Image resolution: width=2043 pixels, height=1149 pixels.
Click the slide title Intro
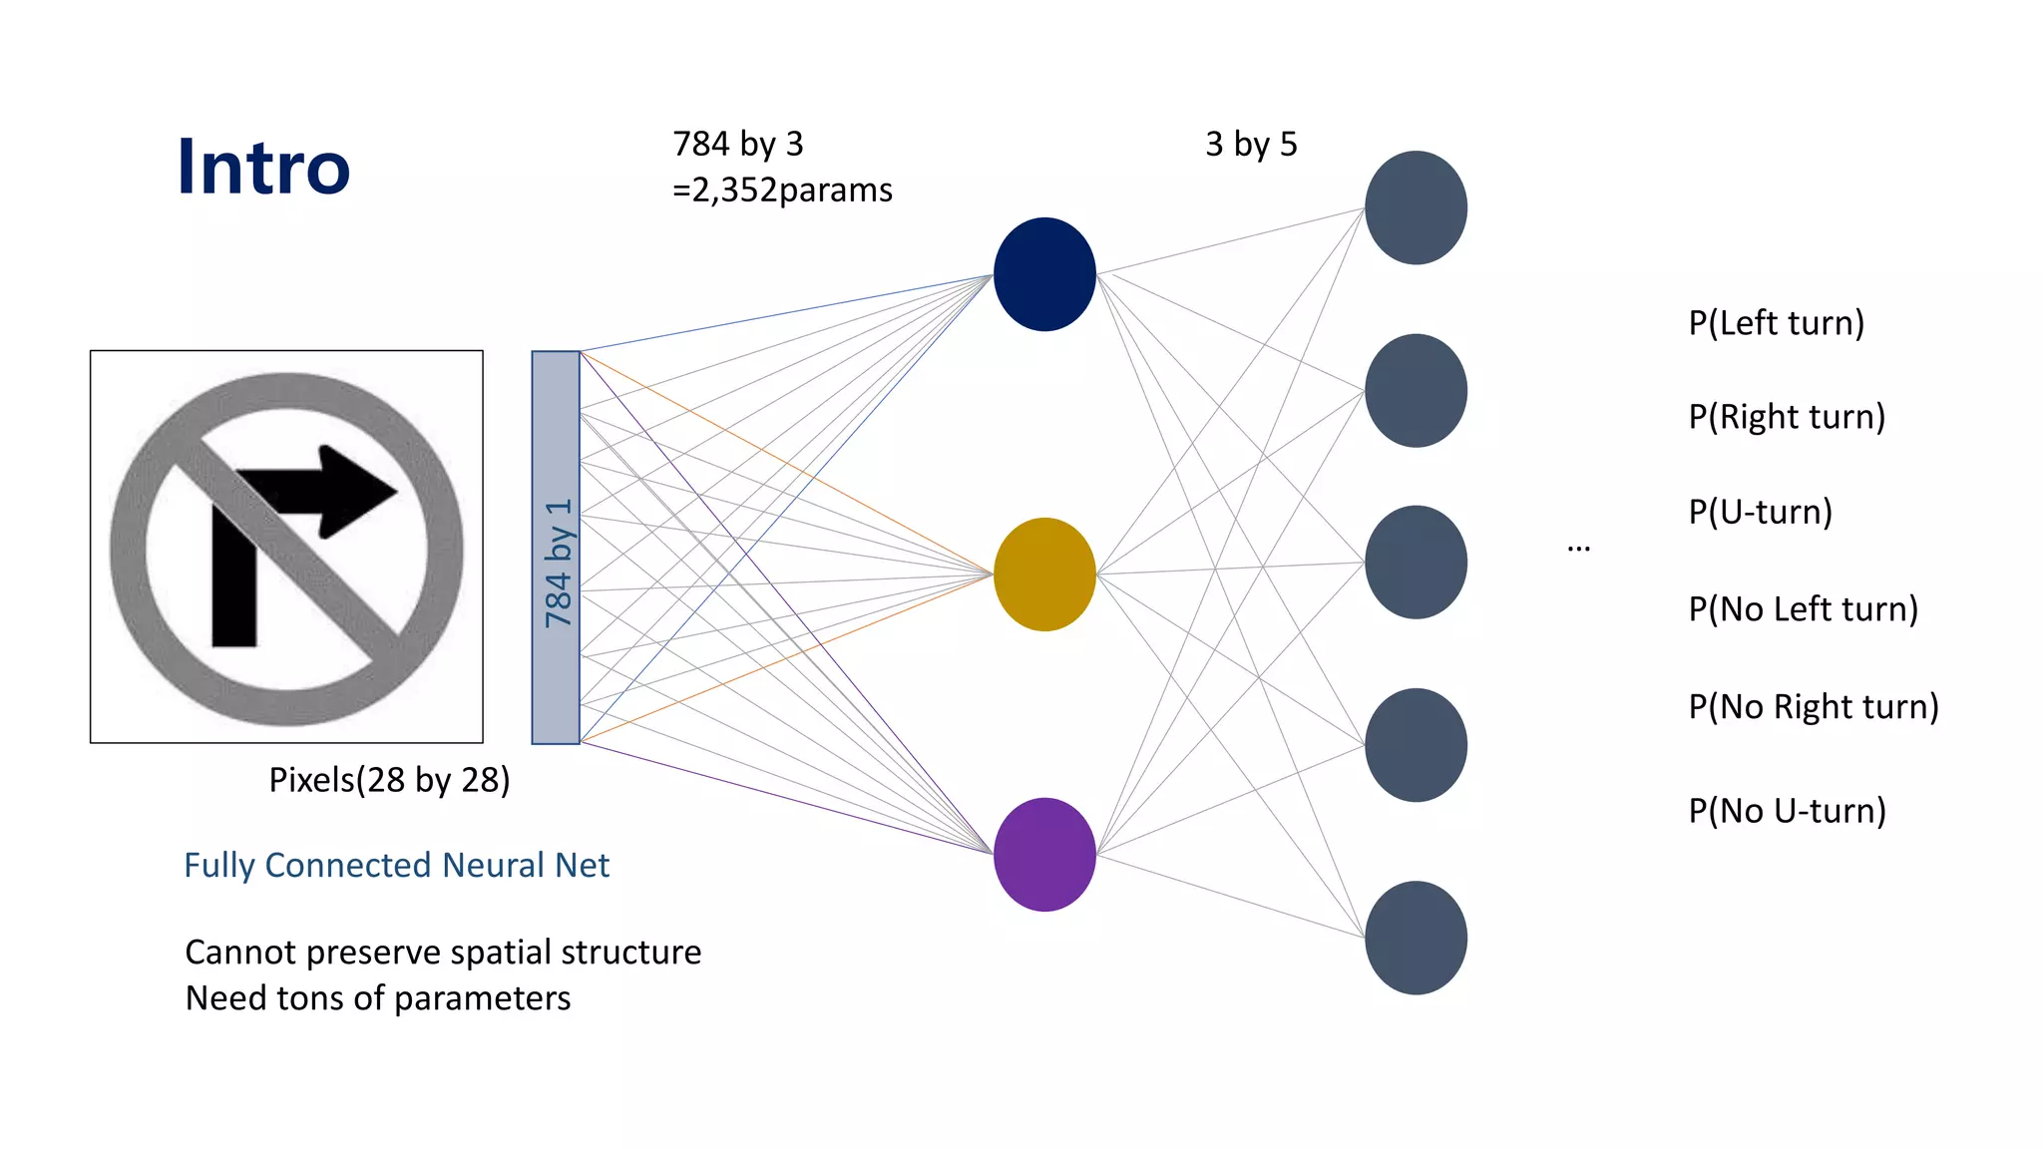pos(263,167)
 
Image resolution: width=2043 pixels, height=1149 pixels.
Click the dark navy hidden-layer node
pos(1044,274)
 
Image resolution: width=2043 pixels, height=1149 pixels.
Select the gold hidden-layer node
pos(1044,574)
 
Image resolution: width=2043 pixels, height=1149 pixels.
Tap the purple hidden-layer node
pos(1044,854)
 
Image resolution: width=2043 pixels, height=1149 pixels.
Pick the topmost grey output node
pos(1416,207)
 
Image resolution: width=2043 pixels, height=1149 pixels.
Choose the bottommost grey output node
pos(1416,938)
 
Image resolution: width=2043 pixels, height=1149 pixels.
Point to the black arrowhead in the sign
pos(354,491)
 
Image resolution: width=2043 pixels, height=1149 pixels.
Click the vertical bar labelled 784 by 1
pos(556,547)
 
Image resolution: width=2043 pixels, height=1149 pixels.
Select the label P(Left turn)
pos(1776,323)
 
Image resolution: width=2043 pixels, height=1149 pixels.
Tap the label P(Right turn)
pos(1787,417)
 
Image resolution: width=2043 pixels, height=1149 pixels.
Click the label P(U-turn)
pos(1760,512)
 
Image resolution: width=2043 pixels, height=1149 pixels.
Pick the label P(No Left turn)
pos(1803,608)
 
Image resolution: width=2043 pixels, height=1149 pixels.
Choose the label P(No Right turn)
pos(1813,706)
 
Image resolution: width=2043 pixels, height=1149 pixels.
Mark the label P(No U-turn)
pos(1787,810)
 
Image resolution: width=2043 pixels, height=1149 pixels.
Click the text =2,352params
pos(782,190)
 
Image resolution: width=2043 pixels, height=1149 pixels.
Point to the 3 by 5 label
pos(1251,145)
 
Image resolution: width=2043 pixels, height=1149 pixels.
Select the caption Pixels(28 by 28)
pos(389,780)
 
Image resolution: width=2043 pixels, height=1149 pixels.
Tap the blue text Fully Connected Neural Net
pos(396,865)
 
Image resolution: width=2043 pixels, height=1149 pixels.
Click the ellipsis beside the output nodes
pos(1578,548)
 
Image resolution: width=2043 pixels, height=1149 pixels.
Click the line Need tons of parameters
pos(378,998)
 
